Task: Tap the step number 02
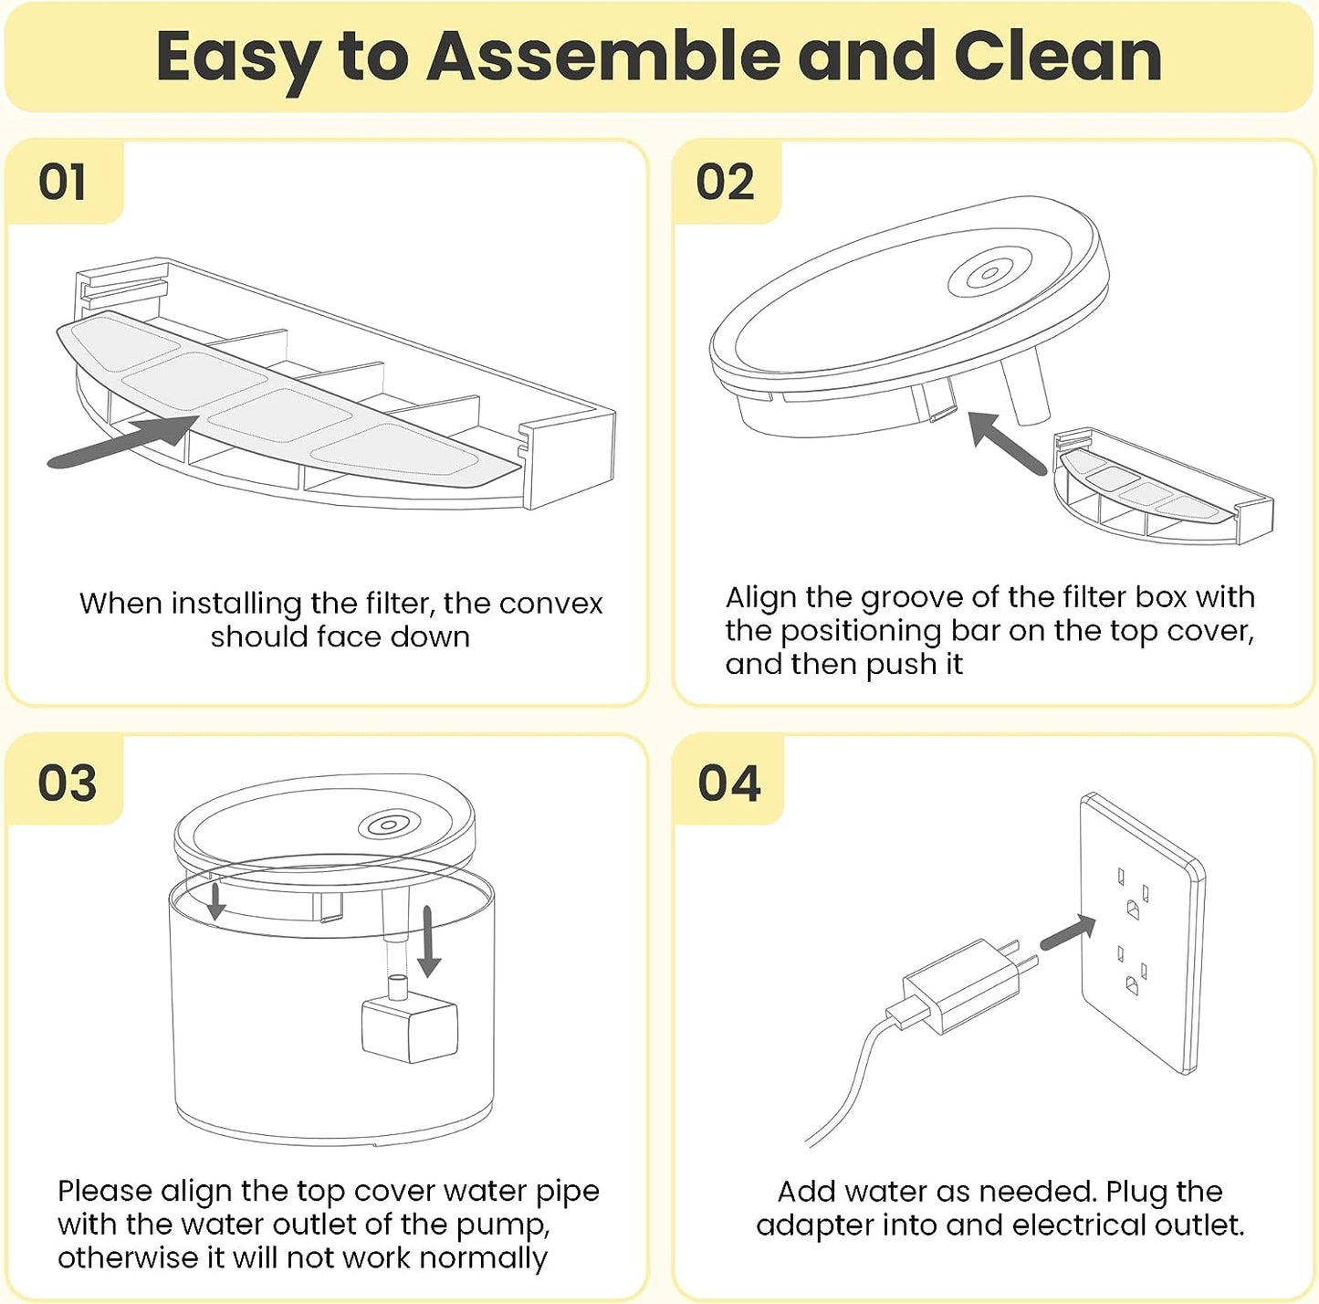point(725,183)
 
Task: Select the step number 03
point(67,782)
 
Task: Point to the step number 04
point(729,783)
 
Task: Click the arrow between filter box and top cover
point(1007,442)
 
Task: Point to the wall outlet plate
point(1142,933)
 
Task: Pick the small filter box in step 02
point(1163,485)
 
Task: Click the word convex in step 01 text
point(550,605)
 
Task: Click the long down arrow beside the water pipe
point(428,941)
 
